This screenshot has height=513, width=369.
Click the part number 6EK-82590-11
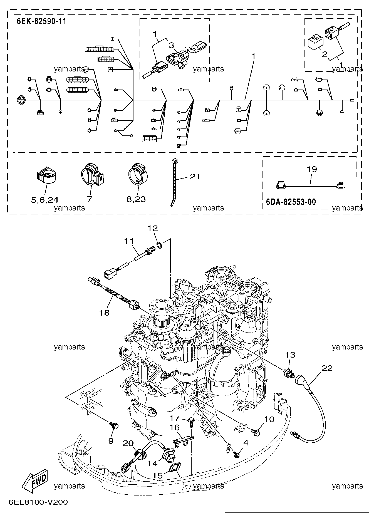(42, 21)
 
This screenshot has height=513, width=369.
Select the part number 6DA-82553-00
(291, 202)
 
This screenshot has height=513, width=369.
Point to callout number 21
(195, 176)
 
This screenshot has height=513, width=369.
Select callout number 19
(312, 169)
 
